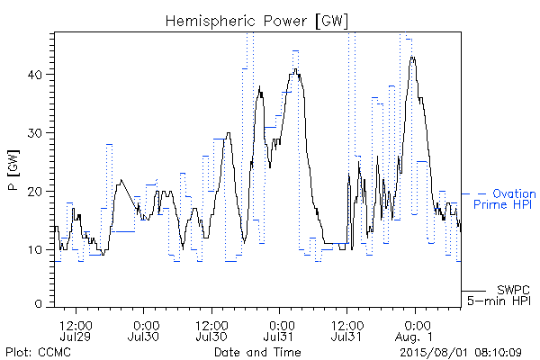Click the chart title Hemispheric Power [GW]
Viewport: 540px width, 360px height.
coord(256,22)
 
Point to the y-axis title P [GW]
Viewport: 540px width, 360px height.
coord(13,170)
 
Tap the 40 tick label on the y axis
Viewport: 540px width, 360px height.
coord(36,75)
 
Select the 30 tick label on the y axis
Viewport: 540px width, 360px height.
coord(36,133)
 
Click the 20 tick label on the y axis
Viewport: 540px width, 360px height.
coord(36,192)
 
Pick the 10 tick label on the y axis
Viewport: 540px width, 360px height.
coord(36,250)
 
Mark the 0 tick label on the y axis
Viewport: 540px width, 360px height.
coord(39,304)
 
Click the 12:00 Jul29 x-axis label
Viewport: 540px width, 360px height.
coord(76,330)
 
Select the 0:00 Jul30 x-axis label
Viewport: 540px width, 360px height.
coord(143,330)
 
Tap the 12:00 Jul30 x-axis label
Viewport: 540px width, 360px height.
coord(211,330)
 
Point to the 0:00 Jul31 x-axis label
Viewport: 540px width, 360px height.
coord(279,330)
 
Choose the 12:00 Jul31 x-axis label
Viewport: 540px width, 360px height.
coord(347,330)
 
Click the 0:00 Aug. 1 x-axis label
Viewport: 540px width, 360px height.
coord(415,330)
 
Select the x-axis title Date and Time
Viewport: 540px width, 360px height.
coord(257,353)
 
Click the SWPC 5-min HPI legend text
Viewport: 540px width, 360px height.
coord(499,295)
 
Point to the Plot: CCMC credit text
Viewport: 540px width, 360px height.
coord(38,353)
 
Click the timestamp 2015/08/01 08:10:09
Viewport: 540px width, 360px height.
coord(461,353)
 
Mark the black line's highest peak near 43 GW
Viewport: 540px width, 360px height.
coord(412,58)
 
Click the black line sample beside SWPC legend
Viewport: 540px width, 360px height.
coord(473,291)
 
